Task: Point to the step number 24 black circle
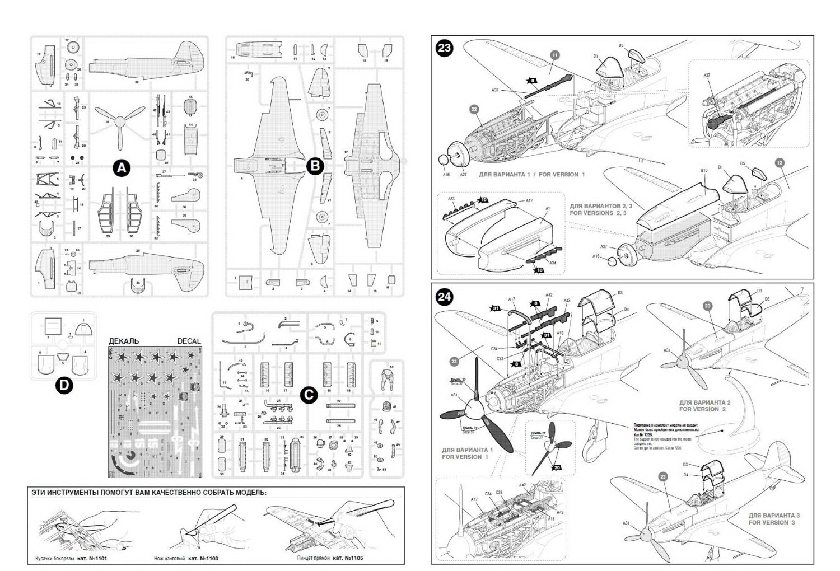click(444, 296)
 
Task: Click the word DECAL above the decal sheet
click(189, 341)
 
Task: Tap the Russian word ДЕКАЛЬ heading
click(124, 341)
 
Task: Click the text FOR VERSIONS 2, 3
click(598, 213)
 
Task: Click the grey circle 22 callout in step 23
click(475, 109)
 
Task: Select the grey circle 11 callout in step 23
click(554, 55)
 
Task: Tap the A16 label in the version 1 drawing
click(446, 175)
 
